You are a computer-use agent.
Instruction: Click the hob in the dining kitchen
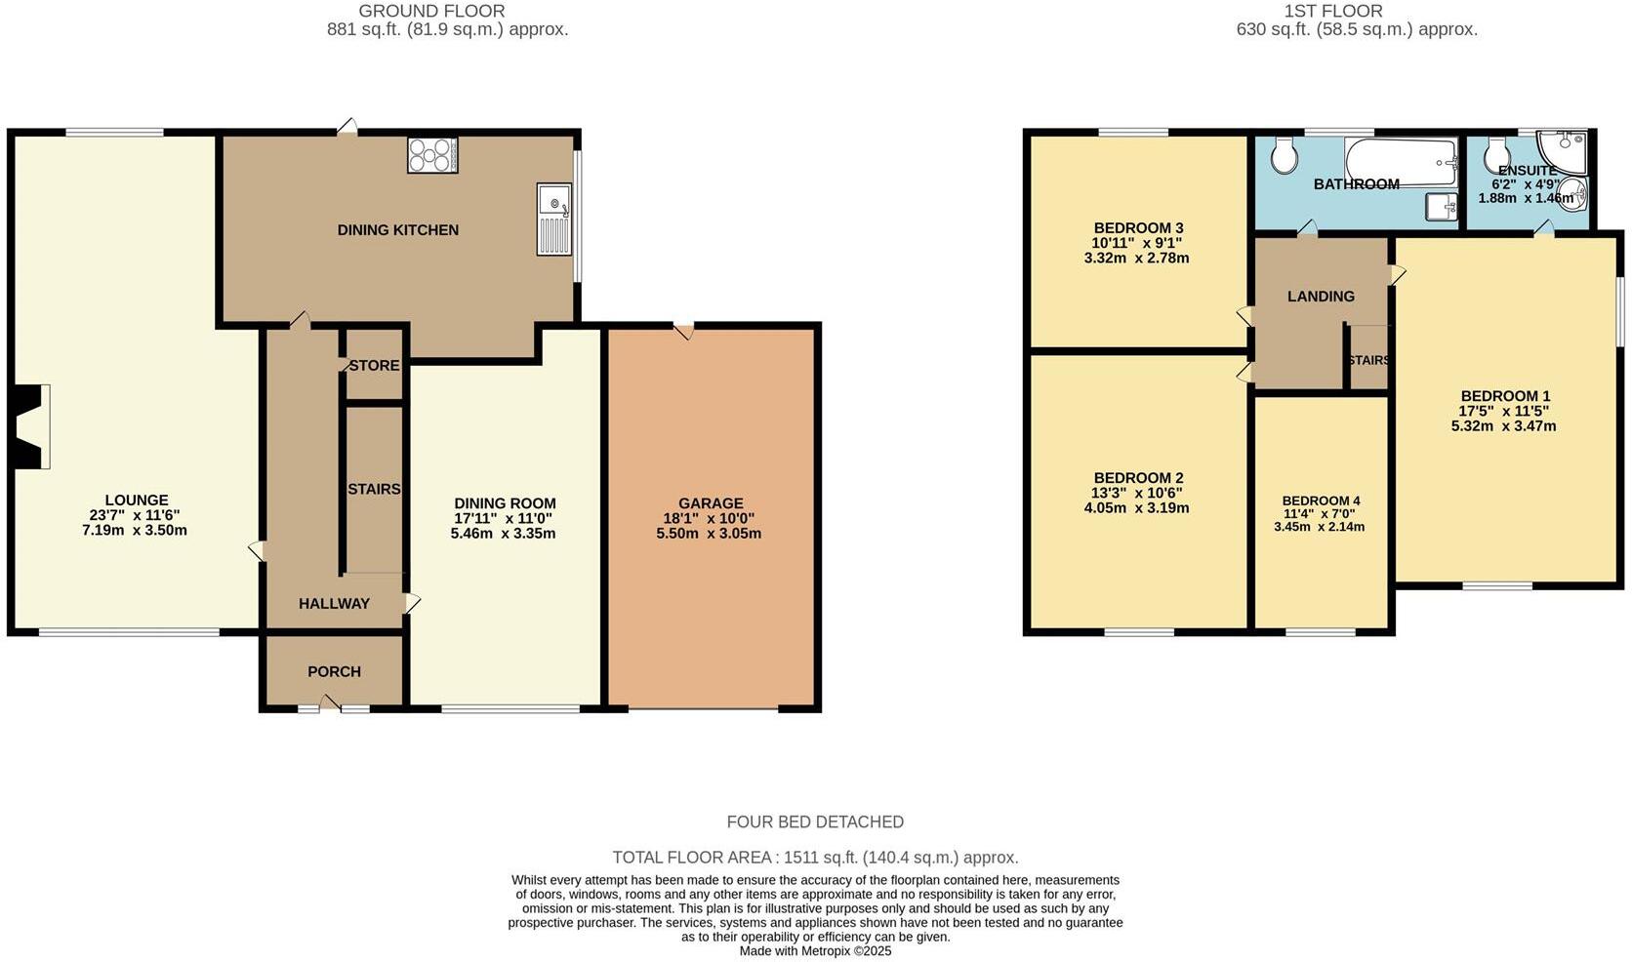(432, 155)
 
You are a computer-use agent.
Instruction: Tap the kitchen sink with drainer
(553, 220)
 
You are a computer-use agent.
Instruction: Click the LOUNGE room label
(137, 500)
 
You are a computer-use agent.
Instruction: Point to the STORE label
(374, 366)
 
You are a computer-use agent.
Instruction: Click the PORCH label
(334, 671)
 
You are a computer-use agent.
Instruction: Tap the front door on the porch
(331, 703)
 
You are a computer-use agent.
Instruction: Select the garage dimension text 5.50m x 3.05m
(709, 534)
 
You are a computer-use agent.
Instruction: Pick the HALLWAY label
(334, 603)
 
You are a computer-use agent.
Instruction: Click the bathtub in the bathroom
(1401, 162)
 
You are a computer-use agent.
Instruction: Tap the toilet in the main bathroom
(1285, 154)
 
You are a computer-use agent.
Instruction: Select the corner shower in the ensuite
(1562, 148)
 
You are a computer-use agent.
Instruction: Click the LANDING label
(1321, 296)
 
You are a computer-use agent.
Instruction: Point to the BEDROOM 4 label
(1321, 501)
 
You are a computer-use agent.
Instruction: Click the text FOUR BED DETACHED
(815, 822)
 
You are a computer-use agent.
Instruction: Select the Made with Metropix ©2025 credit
(815, 950)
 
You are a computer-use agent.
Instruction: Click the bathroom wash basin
(1441, 206)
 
